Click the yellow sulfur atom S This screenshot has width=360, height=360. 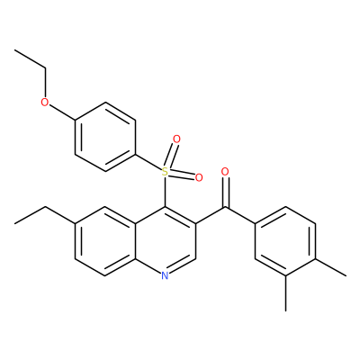165,172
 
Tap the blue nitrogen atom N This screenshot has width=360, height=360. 165,275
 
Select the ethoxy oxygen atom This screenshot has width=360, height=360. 45,103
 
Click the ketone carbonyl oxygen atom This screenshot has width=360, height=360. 225,172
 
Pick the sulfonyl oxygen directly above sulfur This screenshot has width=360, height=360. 177,139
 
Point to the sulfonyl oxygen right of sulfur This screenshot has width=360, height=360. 199,178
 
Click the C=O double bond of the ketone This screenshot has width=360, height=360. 225,192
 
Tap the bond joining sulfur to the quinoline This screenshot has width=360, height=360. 165,192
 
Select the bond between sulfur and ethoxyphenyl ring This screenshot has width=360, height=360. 148,163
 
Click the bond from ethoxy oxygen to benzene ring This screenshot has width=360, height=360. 62,112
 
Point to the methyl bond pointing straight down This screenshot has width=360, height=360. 285,292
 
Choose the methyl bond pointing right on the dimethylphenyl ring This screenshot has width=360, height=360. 330,266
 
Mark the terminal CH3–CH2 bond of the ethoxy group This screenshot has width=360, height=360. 31,59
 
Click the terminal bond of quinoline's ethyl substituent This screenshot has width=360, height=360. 31,215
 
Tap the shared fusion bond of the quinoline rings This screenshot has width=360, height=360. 135,241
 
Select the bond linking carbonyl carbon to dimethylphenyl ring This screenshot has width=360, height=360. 240,215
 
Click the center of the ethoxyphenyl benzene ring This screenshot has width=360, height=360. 105,138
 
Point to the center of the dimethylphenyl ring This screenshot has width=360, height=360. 285,241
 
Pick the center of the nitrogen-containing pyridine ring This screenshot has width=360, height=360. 165,241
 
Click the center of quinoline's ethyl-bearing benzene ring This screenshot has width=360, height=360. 105,241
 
